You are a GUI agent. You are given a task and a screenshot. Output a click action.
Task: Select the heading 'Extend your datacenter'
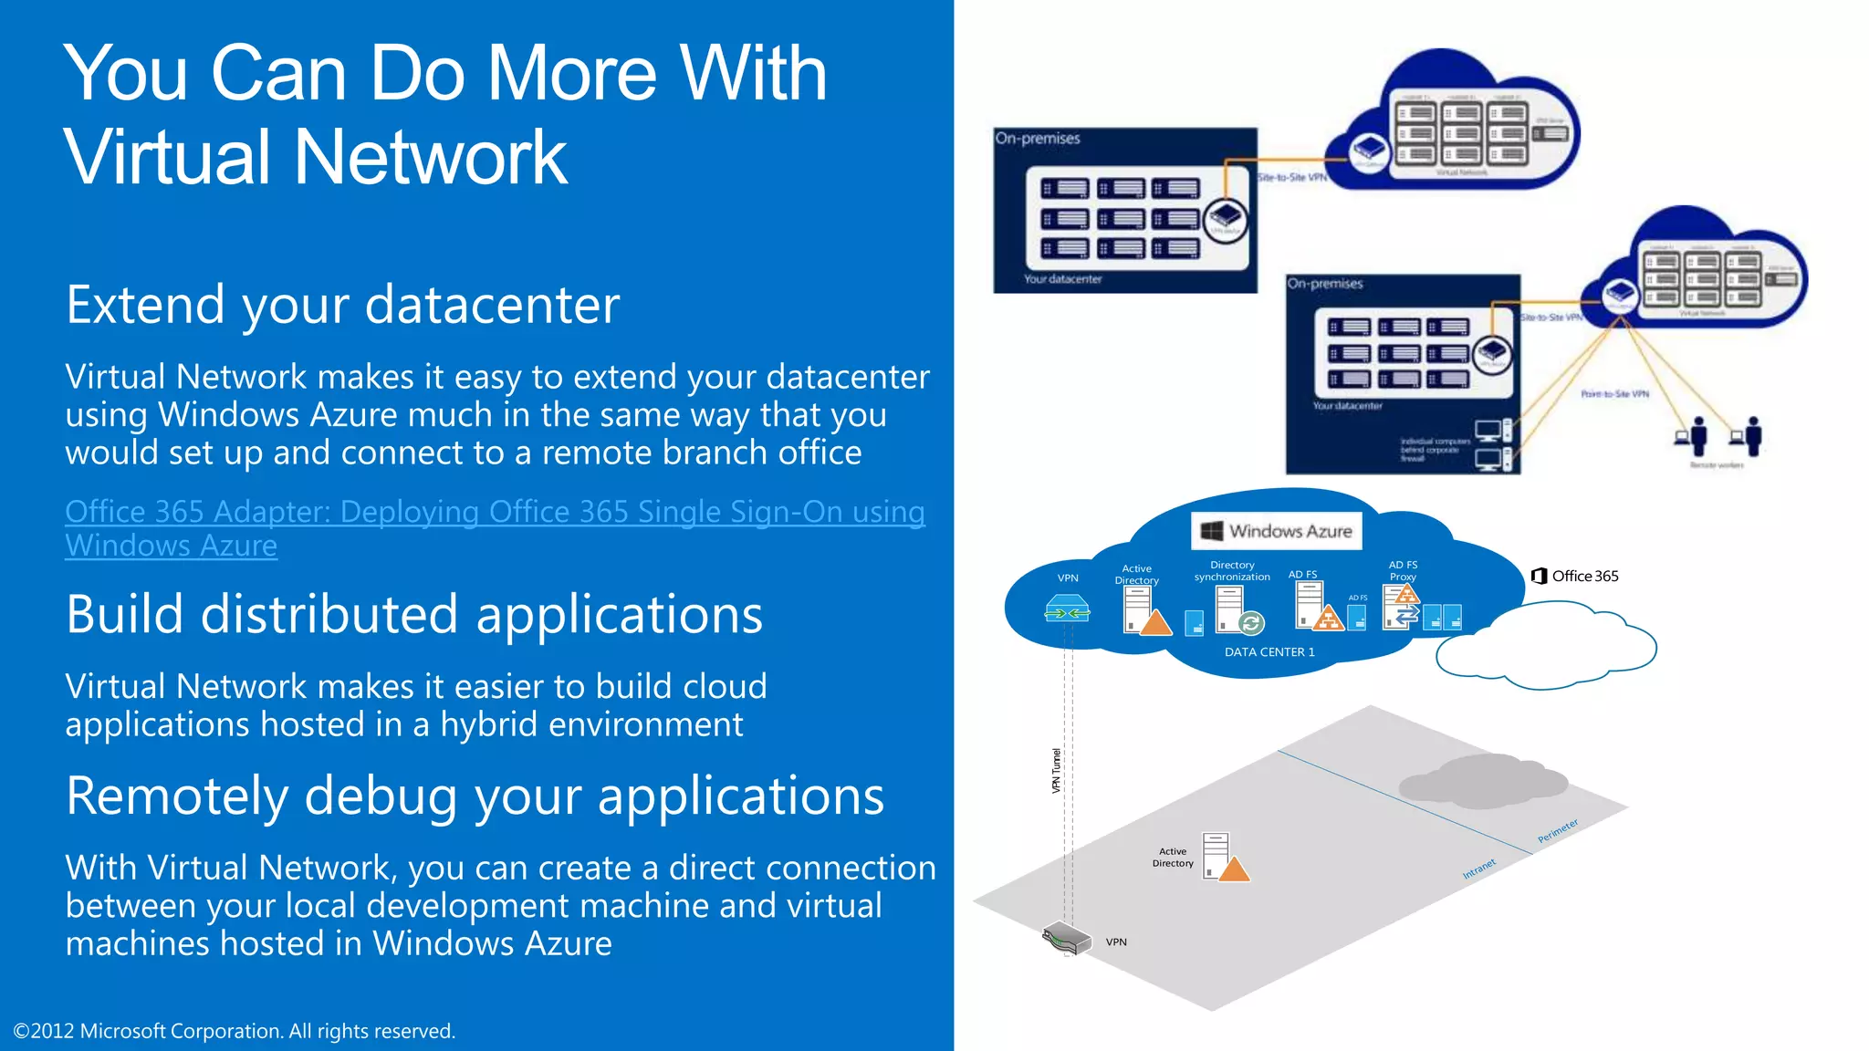(342, 305)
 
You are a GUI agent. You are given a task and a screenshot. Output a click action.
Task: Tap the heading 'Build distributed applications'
(413, 614)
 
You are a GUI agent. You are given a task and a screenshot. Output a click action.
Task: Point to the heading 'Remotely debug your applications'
(475, 796)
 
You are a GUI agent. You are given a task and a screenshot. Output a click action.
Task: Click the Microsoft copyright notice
(234, 1031)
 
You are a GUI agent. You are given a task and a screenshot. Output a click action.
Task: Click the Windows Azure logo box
(1276, 531)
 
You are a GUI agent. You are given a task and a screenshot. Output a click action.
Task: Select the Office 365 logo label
(1575, 576)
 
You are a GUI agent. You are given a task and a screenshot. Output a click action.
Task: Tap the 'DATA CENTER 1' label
(1269, 652)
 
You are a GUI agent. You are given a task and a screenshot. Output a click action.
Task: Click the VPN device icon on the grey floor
(1067, 938)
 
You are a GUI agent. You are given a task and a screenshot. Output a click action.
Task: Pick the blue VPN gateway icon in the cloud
(1067, 609)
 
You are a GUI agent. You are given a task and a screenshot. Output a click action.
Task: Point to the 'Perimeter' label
(1557, 831)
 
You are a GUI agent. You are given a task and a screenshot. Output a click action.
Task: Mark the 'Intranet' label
(1478, 869)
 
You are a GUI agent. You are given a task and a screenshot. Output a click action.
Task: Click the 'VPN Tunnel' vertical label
(1057, 771)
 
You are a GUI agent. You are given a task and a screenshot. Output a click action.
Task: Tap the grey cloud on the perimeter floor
(1483, 780)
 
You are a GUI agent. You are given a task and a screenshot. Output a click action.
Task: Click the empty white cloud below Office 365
(1546, 649)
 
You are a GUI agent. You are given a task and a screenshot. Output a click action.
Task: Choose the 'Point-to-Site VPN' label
(1614, 394)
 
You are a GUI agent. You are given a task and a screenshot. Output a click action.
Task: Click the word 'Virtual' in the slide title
(168, 157)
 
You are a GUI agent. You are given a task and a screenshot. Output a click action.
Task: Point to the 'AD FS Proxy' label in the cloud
(1403, 571)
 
